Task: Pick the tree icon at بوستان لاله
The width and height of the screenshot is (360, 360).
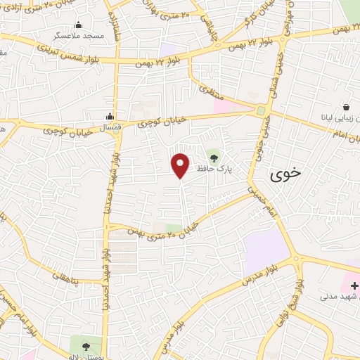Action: [86, 346]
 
